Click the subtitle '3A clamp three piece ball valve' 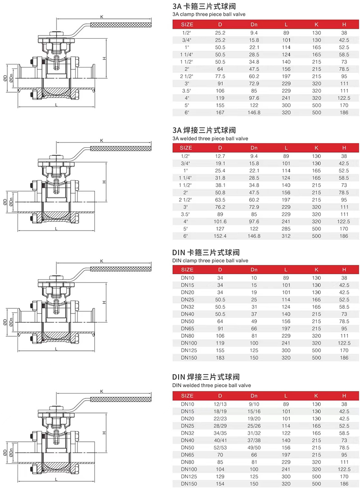[x=208, y=14]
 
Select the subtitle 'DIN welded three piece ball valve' [x=211, y=385]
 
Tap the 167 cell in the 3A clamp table [x=220, y=113]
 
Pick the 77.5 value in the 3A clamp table [x=220, y=77]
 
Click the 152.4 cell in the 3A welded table [x=220, y=236]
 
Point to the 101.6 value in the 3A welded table [x=220, y=222]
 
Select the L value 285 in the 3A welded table [x=286, y=229]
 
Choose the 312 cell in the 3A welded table [x=286, y=236]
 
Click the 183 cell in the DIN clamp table [x=220, y=358]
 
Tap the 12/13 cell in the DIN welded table [x=220, y=404]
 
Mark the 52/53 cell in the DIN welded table [x=220, y=448]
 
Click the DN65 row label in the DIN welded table [x=187, y=455]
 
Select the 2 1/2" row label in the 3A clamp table [x=186, y=77]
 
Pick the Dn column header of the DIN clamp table [x=254, y=269]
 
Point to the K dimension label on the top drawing [x=102, y=17]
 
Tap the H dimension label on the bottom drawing [x=104, y=433]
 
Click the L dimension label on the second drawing [x=56, y=229]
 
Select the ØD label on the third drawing [x=5, y=322]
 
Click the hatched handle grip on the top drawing [x=121, y=25]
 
